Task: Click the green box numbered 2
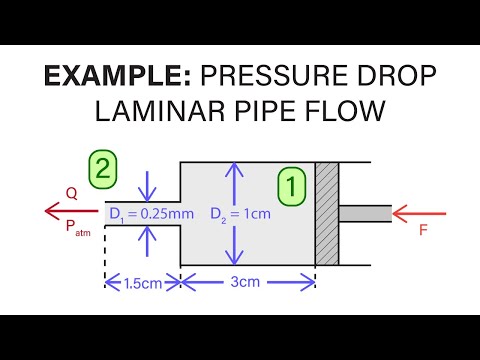pos(102,169)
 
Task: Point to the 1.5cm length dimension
pos(142,282)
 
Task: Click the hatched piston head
pos(326,213)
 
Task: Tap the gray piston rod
pos(364,213)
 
